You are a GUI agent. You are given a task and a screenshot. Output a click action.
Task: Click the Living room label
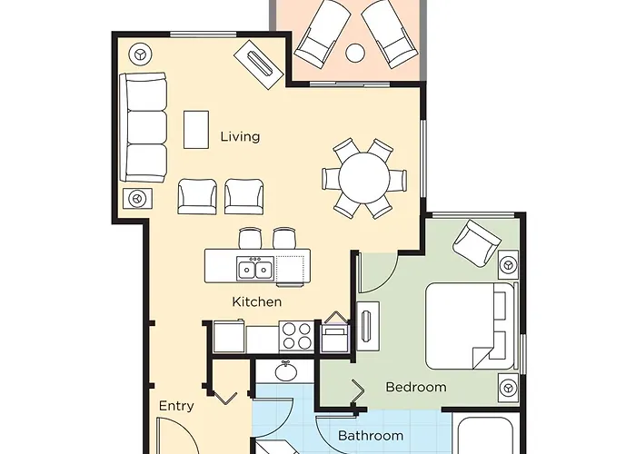pos(240,137)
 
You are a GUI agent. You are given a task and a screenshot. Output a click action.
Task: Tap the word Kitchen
pos(256,301)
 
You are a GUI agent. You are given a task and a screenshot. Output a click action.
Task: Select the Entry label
pos(176,406)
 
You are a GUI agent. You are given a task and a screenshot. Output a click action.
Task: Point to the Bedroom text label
pos(416,387)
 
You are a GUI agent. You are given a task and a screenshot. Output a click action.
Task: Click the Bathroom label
pos(371,436)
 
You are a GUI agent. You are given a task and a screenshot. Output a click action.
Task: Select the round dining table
pos(362,179)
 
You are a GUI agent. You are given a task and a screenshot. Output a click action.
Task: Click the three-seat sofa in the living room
pos(145,128)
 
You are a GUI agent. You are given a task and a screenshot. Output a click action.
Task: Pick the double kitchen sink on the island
pos(254,269)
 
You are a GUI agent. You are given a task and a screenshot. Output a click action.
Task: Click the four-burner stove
pos(294,336)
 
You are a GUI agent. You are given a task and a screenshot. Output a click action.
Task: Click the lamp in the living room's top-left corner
pos(139,54)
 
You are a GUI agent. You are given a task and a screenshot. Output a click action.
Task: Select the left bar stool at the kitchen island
pos(249,239)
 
